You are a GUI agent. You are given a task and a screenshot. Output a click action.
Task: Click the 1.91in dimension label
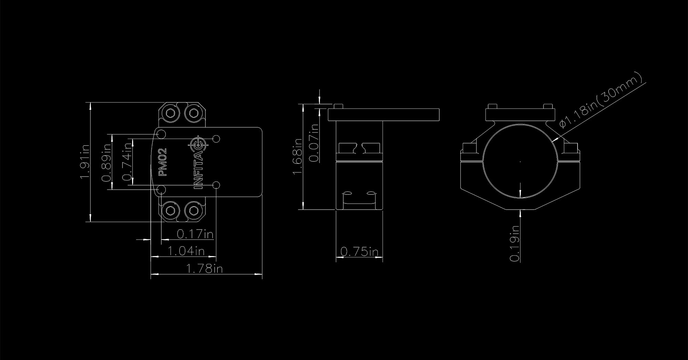tap(85, 161)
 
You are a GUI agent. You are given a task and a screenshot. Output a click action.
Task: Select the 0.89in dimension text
tap(106, 162)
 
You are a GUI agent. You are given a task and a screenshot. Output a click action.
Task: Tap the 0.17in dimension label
tap(195, 234)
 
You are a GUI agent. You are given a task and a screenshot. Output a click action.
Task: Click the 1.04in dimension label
tap(186, 251)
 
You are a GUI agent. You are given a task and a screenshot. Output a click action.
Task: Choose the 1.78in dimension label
tap(204, 268)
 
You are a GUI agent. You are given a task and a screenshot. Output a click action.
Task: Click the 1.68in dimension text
tap(298, 157)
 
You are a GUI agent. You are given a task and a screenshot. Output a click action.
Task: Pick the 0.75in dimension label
tap(359, 252)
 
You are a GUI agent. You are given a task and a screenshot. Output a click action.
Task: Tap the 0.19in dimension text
tap(514, 243)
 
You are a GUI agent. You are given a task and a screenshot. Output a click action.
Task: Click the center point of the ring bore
tap(520, 161)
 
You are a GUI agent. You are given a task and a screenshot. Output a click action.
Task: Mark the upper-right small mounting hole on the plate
tap(216, 139)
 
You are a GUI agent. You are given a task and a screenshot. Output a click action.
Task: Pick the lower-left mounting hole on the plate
tap(161, 190)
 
